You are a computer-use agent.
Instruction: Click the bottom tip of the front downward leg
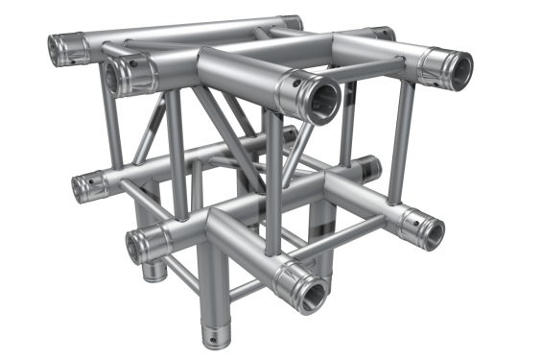[212, 337]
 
